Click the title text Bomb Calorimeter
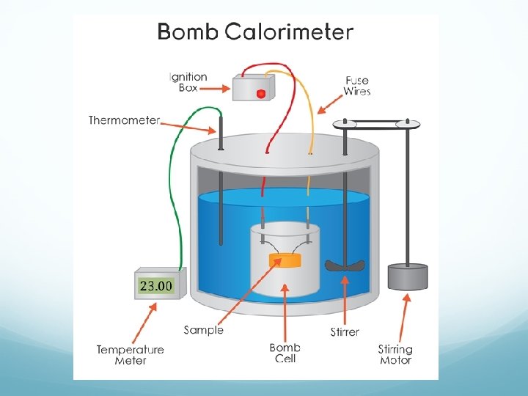(x=256, y=32)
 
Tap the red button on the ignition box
(x=260, y=93)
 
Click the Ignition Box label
(x=189, y=81)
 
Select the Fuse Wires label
(x=357, y=85)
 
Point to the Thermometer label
(x=124, y=120)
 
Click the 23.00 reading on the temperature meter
(x=156, y=285)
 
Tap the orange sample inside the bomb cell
(x=285, y=260)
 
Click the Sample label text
(x=203, y=330)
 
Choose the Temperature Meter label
(x=130, y=355)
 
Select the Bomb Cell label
(x=285, y=353)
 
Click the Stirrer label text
(x=345, y=331)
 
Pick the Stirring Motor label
(x=395, y=355)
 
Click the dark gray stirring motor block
(x=408, y=277)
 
